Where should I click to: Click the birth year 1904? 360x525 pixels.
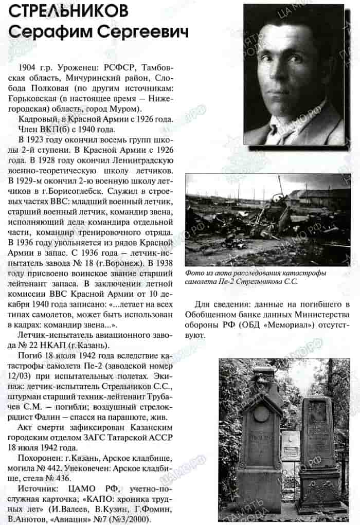click(27, 68)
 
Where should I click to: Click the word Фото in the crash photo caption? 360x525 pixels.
click(195, 273)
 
